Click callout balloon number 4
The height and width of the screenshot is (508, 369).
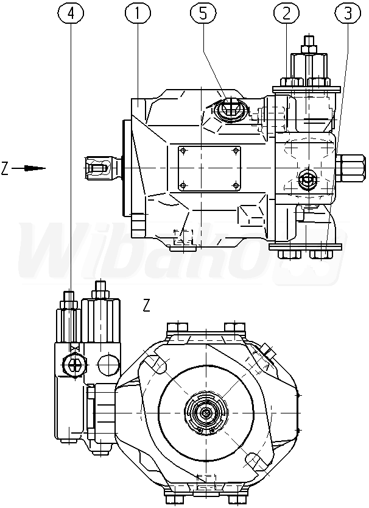pyautogui.click(x=71, y=13)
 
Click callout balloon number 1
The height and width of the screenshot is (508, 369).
pyautogui.click(x=138, y=13)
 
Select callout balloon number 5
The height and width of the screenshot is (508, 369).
pyautogui.click(x=203, y=13)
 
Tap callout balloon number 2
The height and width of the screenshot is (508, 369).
pyautogui.click(x=287, y=13)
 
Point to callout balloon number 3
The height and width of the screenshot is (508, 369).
pyautogui.click(x=348, y=13)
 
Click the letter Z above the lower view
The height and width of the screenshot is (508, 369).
pyautogui.click(x=147, y=305)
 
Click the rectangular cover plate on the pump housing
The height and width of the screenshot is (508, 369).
pyautogui.click(x=209, y=168)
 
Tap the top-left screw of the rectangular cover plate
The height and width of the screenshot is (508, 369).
pyautogui.click(x=183, y=151)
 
